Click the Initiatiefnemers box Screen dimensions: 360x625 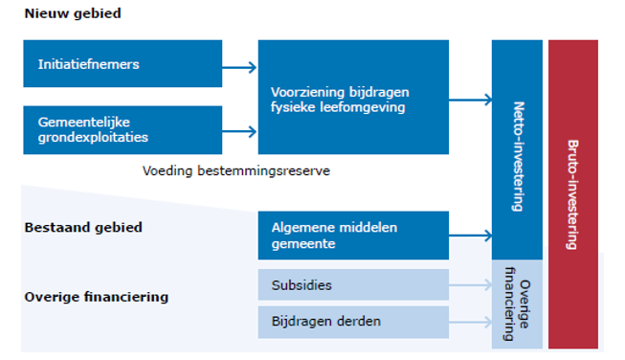[x=123, y=64]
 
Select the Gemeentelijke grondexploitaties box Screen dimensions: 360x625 [x=123, y=130]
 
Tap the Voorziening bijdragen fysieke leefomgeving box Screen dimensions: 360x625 [x=353, y=98]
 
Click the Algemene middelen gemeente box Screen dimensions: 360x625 [x=353, y=236]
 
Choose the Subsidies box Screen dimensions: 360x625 [x=353, y=284]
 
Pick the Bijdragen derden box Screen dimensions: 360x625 [x=353, y=322]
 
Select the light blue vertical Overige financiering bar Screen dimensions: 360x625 [x=517, y=304]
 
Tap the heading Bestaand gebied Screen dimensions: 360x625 [x=83, y=228]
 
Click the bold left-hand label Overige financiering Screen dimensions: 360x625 [x=96, y=297]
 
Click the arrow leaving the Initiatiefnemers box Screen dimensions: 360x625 [x=240, y=67]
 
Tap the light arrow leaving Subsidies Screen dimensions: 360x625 [x=471, y=285]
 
